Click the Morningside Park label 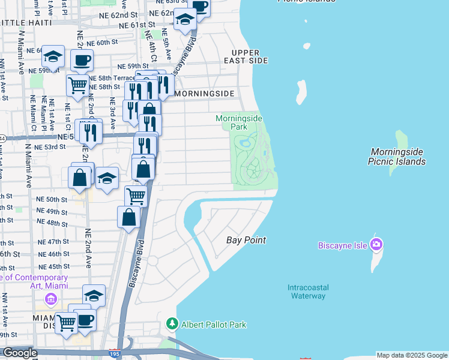(x=239, y=123)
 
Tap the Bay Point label (x=246, y=240)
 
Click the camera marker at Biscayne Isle (x=376, y=244)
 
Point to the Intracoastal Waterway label (x=307, y=292)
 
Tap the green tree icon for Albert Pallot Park (x=172, y=325)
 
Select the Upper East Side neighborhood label (x=246, y=57)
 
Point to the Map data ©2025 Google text (x=412, y=355)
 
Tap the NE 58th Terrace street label (x=112, y=79)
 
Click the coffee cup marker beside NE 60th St (x=82, y=60)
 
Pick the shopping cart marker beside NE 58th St (x=77, y=85)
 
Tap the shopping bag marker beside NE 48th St (x=129, y=217)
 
